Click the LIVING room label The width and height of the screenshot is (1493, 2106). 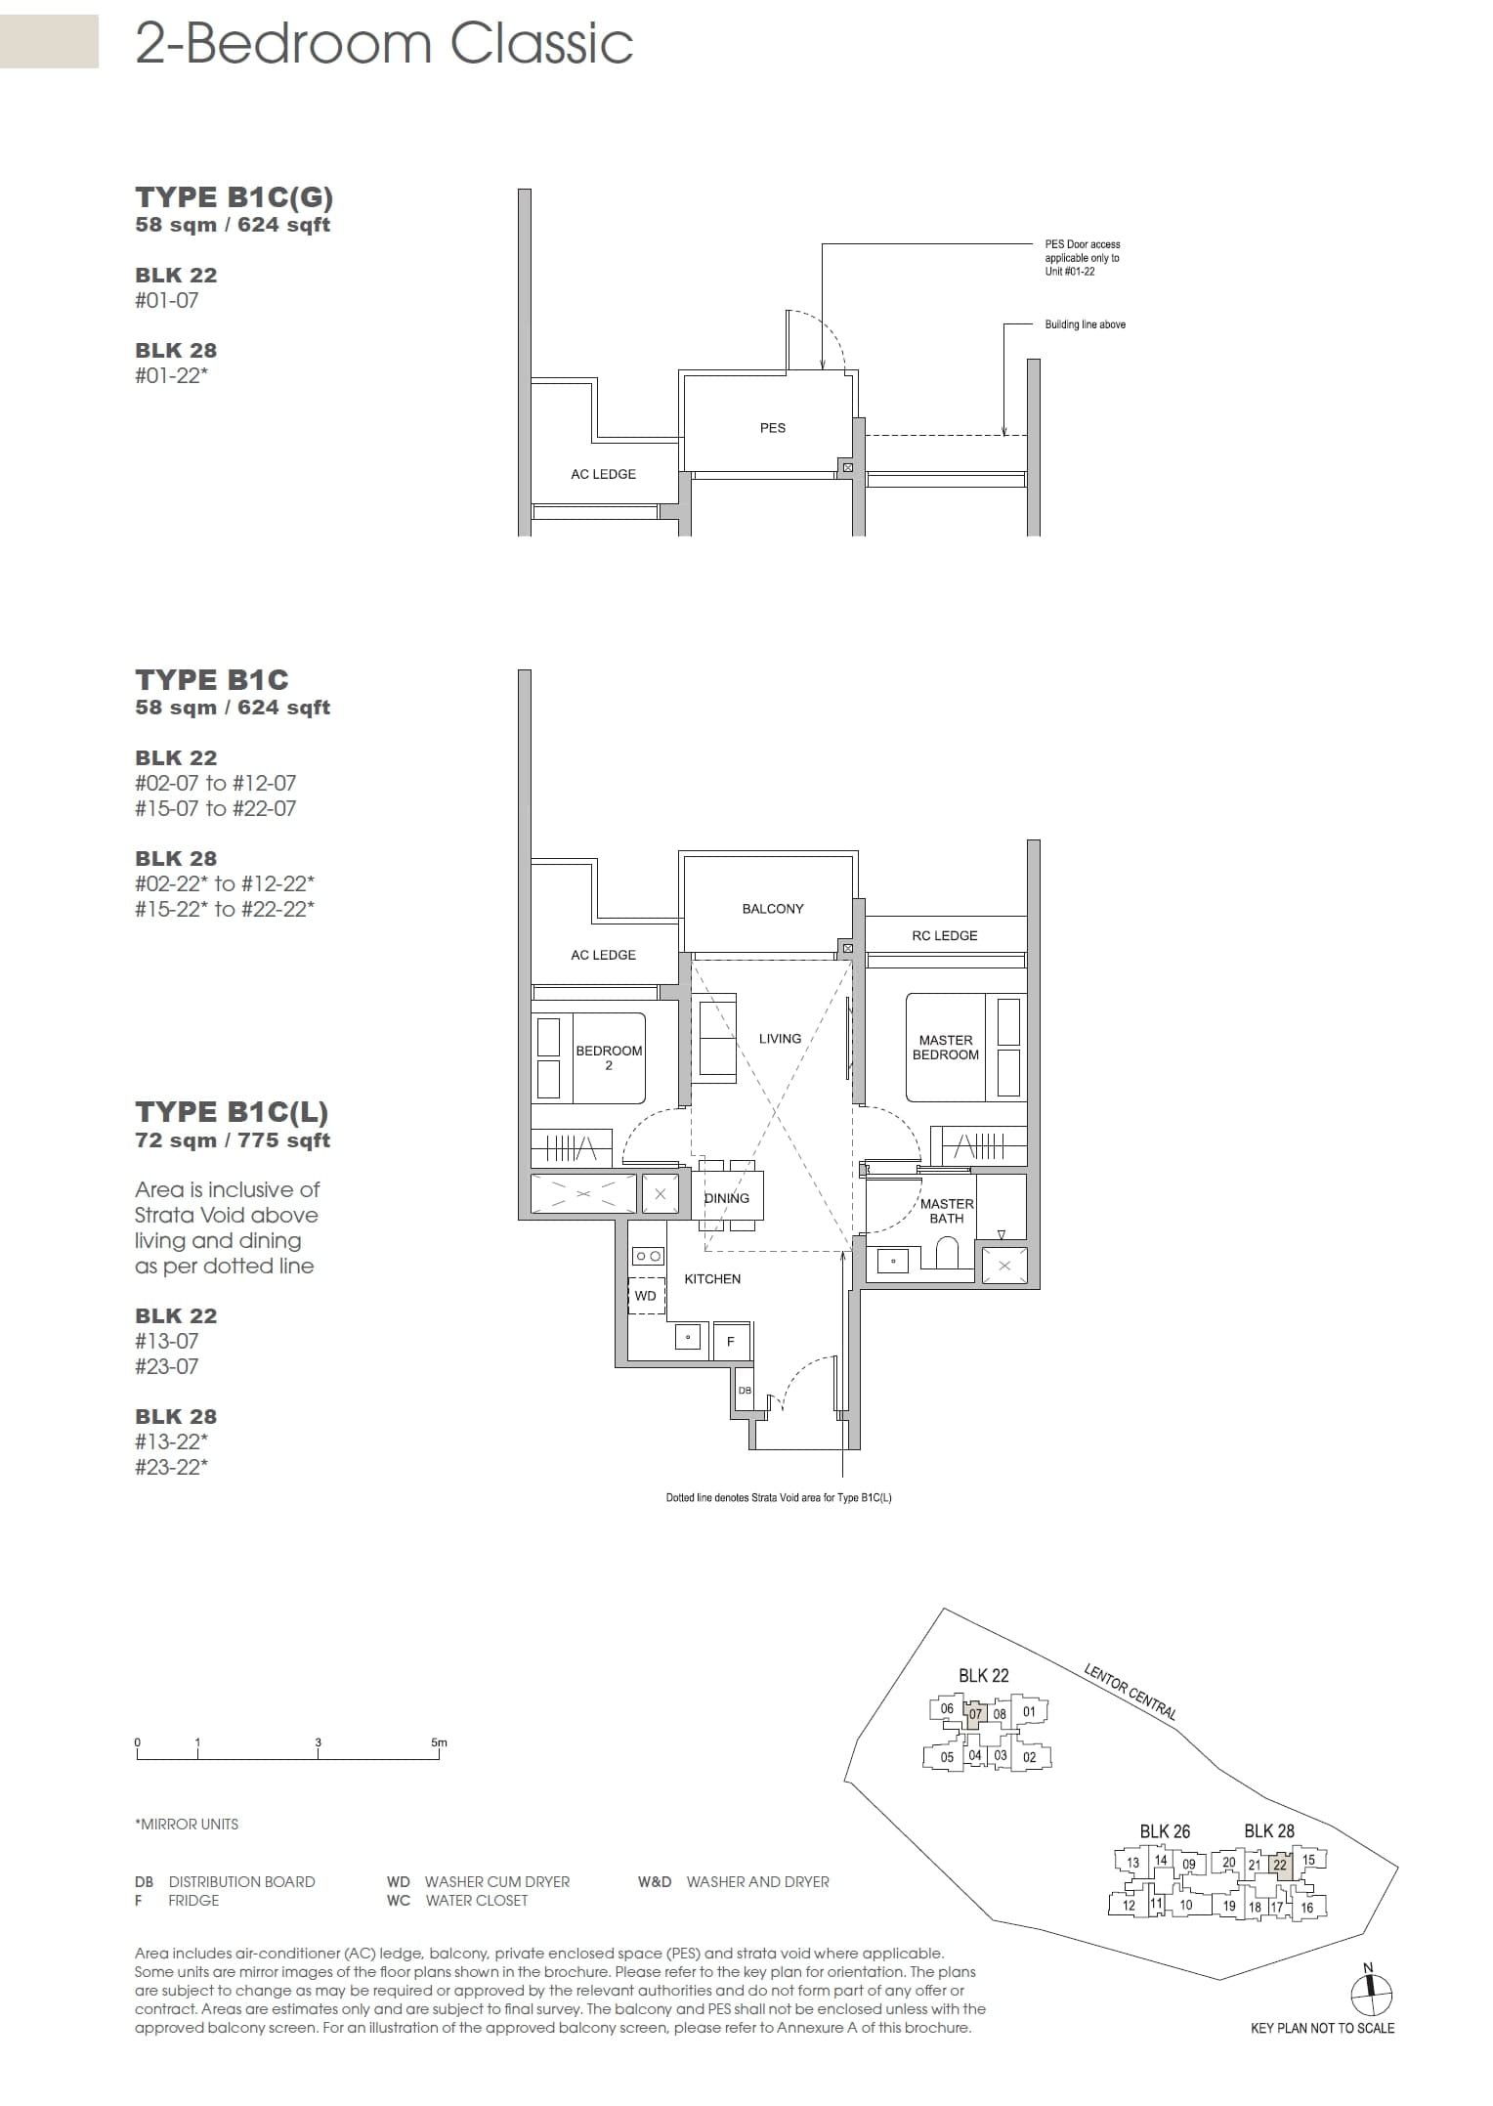click(780, 1038)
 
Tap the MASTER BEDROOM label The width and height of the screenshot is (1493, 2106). click(945, 1048)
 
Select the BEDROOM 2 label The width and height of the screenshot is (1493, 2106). click(609, 1057)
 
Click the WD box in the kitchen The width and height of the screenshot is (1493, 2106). click(646, 1296)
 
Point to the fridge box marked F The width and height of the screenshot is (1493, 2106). click(731, 1342)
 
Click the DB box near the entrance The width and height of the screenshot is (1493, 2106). click(746, 1390)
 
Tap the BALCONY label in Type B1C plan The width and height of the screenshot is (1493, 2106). click(772, 909)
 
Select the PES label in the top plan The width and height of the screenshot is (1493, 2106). click(772, 428)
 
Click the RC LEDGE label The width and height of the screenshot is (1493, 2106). click(944, 935)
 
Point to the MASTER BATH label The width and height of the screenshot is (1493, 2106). click(946, 1211)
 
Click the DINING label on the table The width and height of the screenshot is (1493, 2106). click(726, 1198)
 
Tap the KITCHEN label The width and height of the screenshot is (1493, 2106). click(712, 1278)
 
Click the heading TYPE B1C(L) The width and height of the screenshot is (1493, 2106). click(232, 1112)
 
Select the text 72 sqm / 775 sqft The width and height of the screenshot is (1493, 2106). click(233, 1140)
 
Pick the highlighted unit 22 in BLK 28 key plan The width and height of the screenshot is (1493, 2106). click(1280, 1865)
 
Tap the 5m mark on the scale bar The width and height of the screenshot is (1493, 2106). click(439, 1742)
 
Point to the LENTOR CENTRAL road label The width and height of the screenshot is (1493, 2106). click(1130, 1692)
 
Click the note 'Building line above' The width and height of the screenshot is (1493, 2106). click(1085, 324)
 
